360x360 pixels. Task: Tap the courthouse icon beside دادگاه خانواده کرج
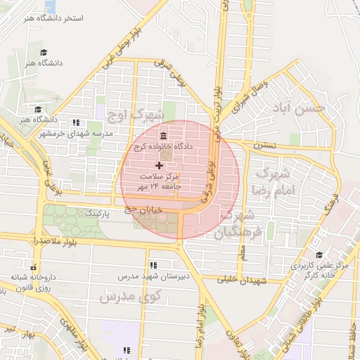pos(163,135)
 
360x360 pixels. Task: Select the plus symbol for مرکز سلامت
pos(158,165)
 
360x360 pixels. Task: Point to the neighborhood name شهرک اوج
pos(141,114)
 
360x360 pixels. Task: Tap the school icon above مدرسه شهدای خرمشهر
pos(75,122)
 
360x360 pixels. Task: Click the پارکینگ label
pos(98,212)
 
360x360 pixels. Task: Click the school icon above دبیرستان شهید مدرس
pos(153,265)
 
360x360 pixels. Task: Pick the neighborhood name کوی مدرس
pos(129,297)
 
